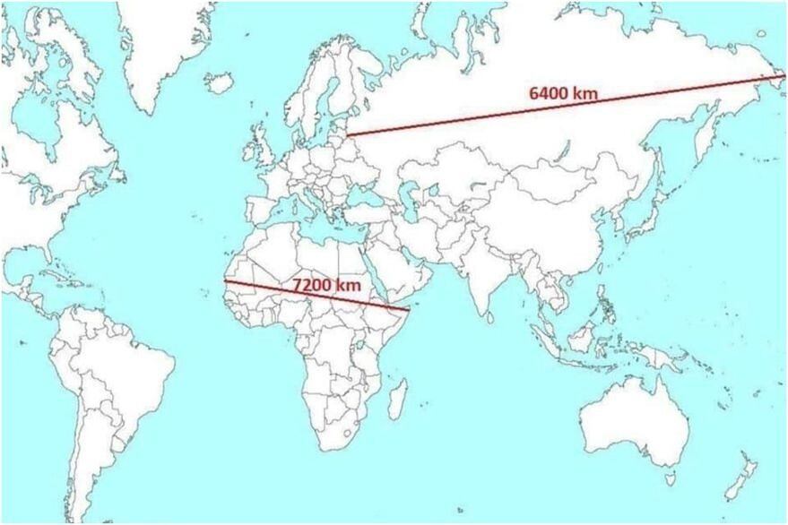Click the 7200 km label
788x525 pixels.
click(326, 284)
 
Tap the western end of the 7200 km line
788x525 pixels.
click(225, 281)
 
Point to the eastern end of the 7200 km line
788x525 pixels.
click(409, 311)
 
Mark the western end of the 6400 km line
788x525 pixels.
click(349, 134)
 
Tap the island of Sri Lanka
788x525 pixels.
click(490, 314)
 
